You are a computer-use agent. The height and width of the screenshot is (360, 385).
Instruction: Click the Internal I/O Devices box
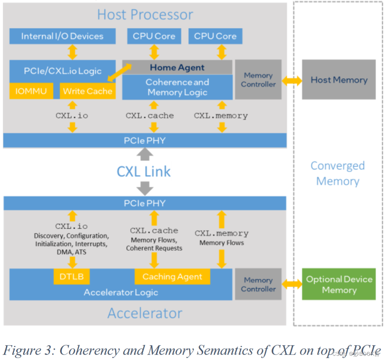pyautogui.click(x=62, y=36)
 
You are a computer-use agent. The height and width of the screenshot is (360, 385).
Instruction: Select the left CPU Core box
pyautogui.click(x=154, y=36)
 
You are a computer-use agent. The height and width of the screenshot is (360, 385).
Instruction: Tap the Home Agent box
pyautogui.click(x=177, y=67)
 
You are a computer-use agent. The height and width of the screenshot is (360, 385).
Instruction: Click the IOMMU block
pyautogui.click(x=31, y=91)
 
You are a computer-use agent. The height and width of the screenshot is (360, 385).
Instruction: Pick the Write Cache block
pyautogui.click(x=88, y=91)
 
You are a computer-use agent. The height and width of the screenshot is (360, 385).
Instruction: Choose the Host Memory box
pyautogui.click(x=339, y=80)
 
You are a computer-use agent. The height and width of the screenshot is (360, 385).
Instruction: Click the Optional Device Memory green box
pyautogui.click(x=339, y=284)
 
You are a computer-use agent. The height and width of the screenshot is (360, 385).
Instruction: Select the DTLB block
pyautogui.click(x=71, y=276)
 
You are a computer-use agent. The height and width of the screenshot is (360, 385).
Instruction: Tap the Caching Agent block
pyautogui.click(x=172, y=277)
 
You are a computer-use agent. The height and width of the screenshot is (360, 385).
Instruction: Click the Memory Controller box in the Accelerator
pyautogui.click(x=258, y=284)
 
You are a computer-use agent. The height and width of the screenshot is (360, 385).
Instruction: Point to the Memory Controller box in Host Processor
pyautogui.click(x=258, y=80)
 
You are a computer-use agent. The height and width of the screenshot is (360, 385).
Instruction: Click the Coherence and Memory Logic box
pyautogui.click(x=177, y=87)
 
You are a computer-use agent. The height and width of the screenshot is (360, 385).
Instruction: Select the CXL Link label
pyautogui.click(x=144, y=172)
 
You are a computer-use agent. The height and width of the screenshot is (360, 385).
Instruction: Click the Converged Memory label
pyautogui.click(x=337, y=173)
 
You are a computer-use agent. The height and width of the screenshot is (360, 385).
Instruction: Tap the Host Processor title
pyautogui.click(x=145, y=14)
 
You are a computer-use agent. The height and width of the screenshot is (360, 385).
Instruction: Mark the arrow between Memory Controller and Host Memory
pyautogui.click(x=292, y=81)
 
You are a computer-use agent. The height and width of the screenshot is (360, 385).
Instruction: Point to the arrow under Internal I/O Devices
pyautogui.click(x=72, y=52)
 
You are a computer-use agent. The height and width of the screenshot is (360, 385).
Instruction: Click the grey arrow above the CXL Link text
pyautogui.click(x=145, y=154)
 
